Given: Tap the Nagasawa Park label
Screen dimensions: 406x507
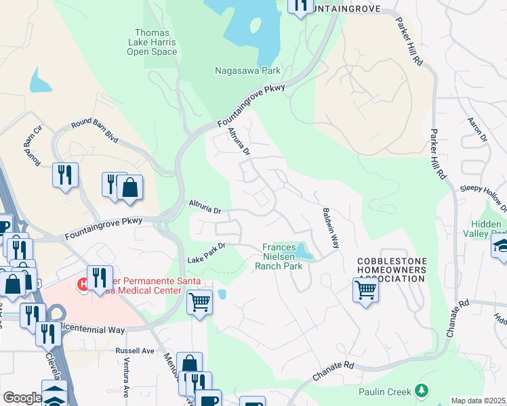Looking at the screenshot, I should click(247, 70).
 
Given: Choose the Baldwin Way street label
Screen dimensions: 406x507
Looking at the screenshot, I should click(329, 228).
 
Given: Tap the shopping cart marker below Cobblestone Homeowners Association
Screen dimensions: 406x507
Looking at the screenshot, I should click(365, 290).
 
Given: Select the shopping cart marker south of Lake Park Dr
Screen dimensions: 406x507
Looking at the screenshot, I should click(199, 301).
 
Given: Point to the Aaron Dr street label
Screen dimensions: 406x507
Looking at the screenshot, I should click(478, 129).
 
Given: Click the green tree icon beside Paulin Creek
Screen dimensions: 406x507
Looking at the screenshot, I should click(422, 390).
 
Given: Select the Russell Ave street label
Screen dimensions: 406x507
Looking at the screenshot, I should click(135, 351).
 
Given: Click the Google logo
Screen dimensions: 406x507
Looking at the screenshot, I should click(22, 398).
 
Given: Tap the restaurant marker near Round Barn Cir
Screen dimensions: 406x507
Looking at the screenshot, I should click(65, 175).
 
